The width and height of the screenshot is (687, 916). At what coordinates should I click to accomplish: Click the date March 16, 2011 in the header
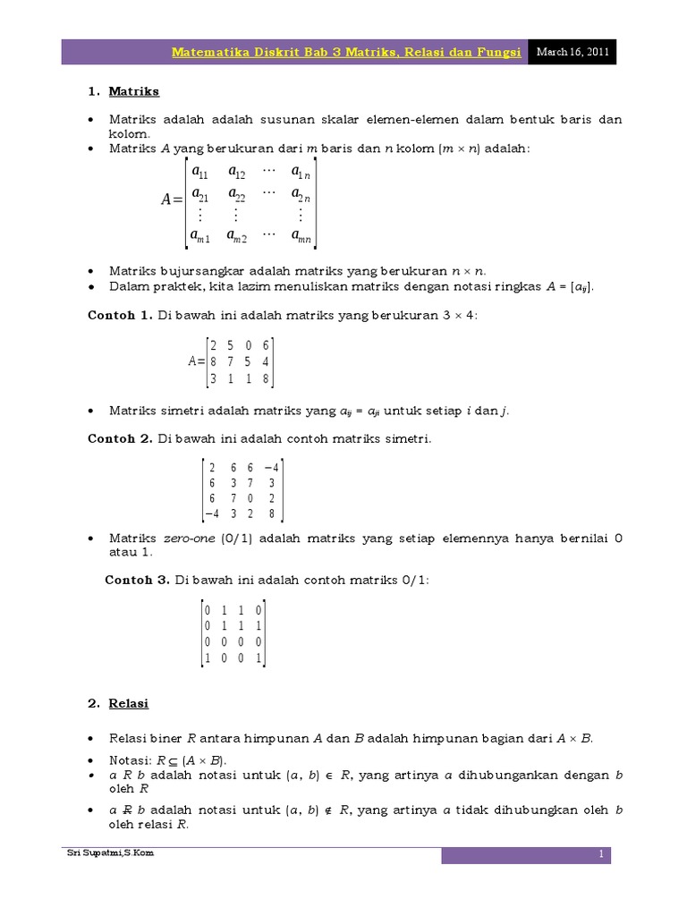pos(572,52)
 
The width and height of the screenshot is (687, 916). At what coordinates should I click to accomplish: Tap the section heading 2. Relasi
pos(120,703)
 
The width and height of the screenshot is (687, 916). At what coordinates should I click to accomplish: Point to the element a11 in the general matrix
pos(199,172)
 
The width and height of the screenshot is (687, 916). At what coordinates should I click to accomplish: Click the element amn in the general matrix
pos(301,236)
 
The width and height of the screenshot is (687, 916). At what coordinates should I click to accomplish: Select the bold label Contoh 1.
pos(120,315)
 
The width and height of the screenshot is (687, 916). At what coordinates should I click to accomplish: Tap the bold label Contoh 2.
pos(120,438)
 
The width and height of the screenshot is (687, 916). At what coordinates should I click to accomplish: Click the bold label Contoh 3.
pos(138,580)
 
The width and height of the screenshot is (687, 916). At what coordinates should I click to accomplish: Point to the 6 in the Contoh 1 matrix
pos(267,345)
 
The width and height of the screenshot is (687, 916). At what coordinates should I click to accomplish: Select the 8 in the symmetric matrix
pos(271,513)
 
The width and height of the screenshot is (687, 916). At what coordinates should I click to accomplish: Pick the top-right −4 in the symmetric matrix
pos(271,468)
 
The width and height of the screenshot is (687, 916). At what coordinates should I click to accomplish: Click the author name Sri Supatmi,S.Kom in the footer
pos(111,853)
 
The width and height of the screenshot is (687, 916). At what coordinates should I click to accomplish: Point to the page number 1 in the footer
pos(603,855)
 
